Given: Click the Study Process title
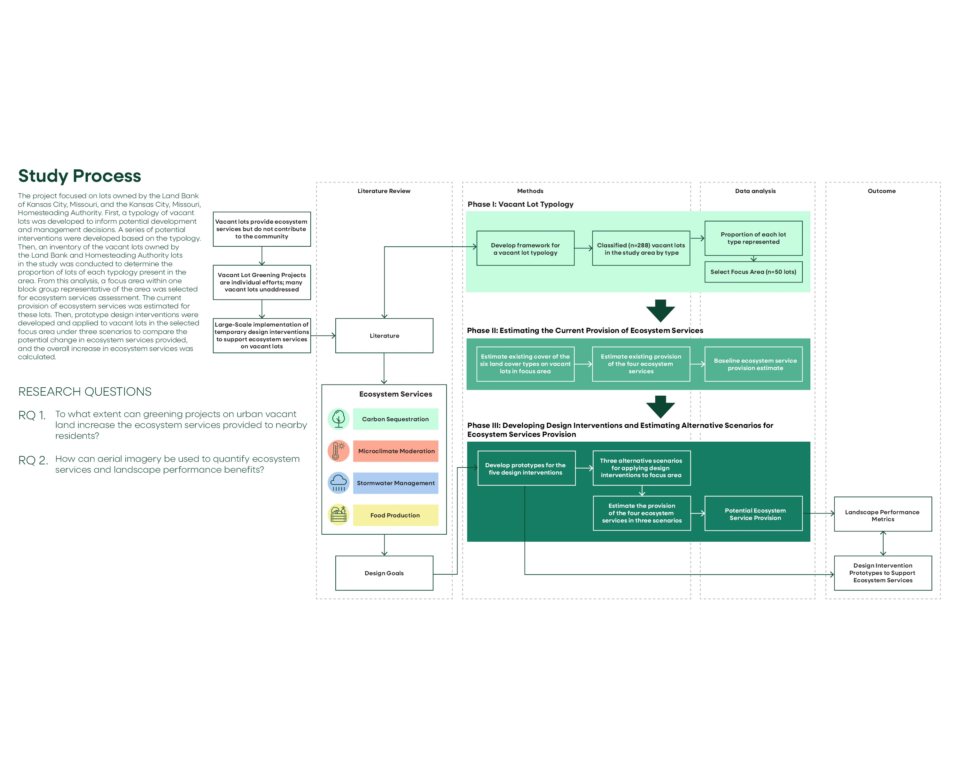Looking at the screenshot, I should click(x=80, y=176).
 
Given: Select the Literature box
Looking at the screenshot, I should click(x=384, y=336).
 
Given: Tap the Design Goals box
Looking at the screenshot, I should click(x=384, y=573).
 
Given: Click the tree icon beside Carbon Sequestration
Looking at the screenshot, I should click(x=339, y=419).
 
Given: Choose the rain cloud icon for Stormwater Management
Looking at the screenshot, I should click(x=339, y=483).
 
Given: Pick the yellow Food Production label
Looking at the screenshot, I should click(x=395, y=515).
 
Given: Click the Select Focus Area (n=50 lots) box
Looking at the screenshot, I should click(x=753, y=272).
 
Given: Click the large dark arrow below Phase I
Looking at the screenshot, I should click(x=660, y=311).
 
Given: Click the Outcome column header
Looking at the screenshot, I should click(x=882, y=191).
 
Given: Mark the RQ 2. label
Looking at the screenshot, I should click(x=33, y=460).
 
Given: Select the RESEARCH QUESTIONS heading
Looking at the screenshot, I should click(x=84, y=392).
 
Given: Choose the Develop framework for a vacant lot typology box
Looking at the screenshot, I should click(x=525, y=249).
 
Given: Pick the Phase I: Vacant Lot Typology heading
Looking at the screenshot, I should click(x=520, y=205).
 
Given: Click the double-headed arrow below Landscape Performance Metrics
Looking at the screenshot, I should click(x=883, y=543).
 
